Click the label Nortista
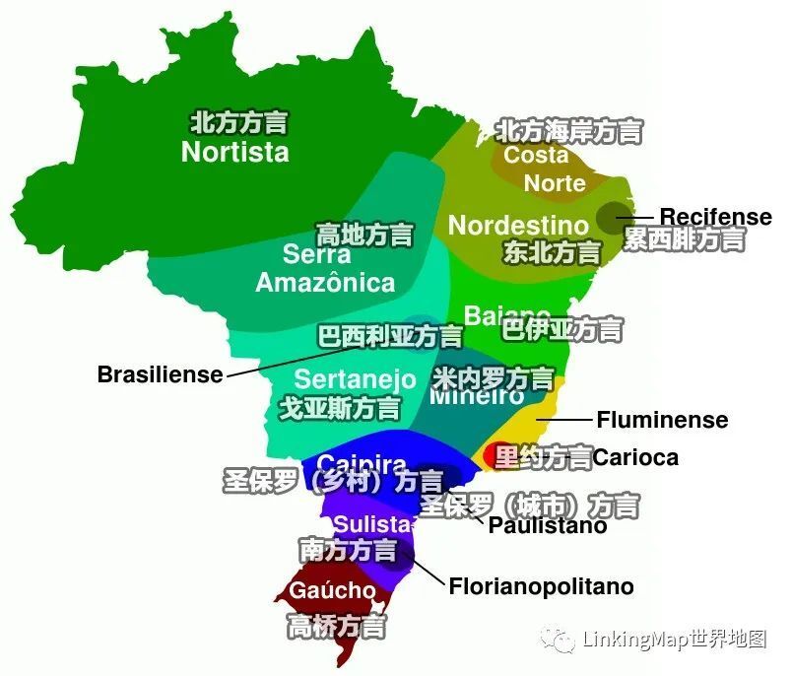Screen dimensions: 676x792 click(234, 152)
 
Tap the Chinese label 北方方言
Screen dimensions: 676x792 click(238, 122)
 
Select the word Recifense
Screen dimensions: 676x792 click(715, 217)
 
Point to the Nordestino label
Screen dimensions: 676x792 click(517, 225)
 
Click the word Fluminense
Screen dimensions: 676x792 click(662, 420)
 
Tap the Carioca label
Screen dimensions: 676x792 click(635, 458)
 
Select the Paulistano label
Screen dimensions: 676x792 click(548, 526)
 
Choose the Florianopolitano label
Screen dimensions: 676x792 click(541, 587)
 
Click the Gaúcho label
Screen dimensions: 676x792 click(332, 591)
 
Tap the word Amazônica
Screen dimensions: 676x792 click(325, 283)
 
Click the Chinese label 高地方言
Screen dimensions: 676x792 click(363, 235)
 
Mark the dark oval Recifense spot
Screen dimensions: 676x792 click(616, 216)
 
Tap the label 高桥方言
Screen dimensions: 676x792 click(336, 625)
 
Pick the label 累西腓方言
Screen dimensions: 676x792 click(684, 239)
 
